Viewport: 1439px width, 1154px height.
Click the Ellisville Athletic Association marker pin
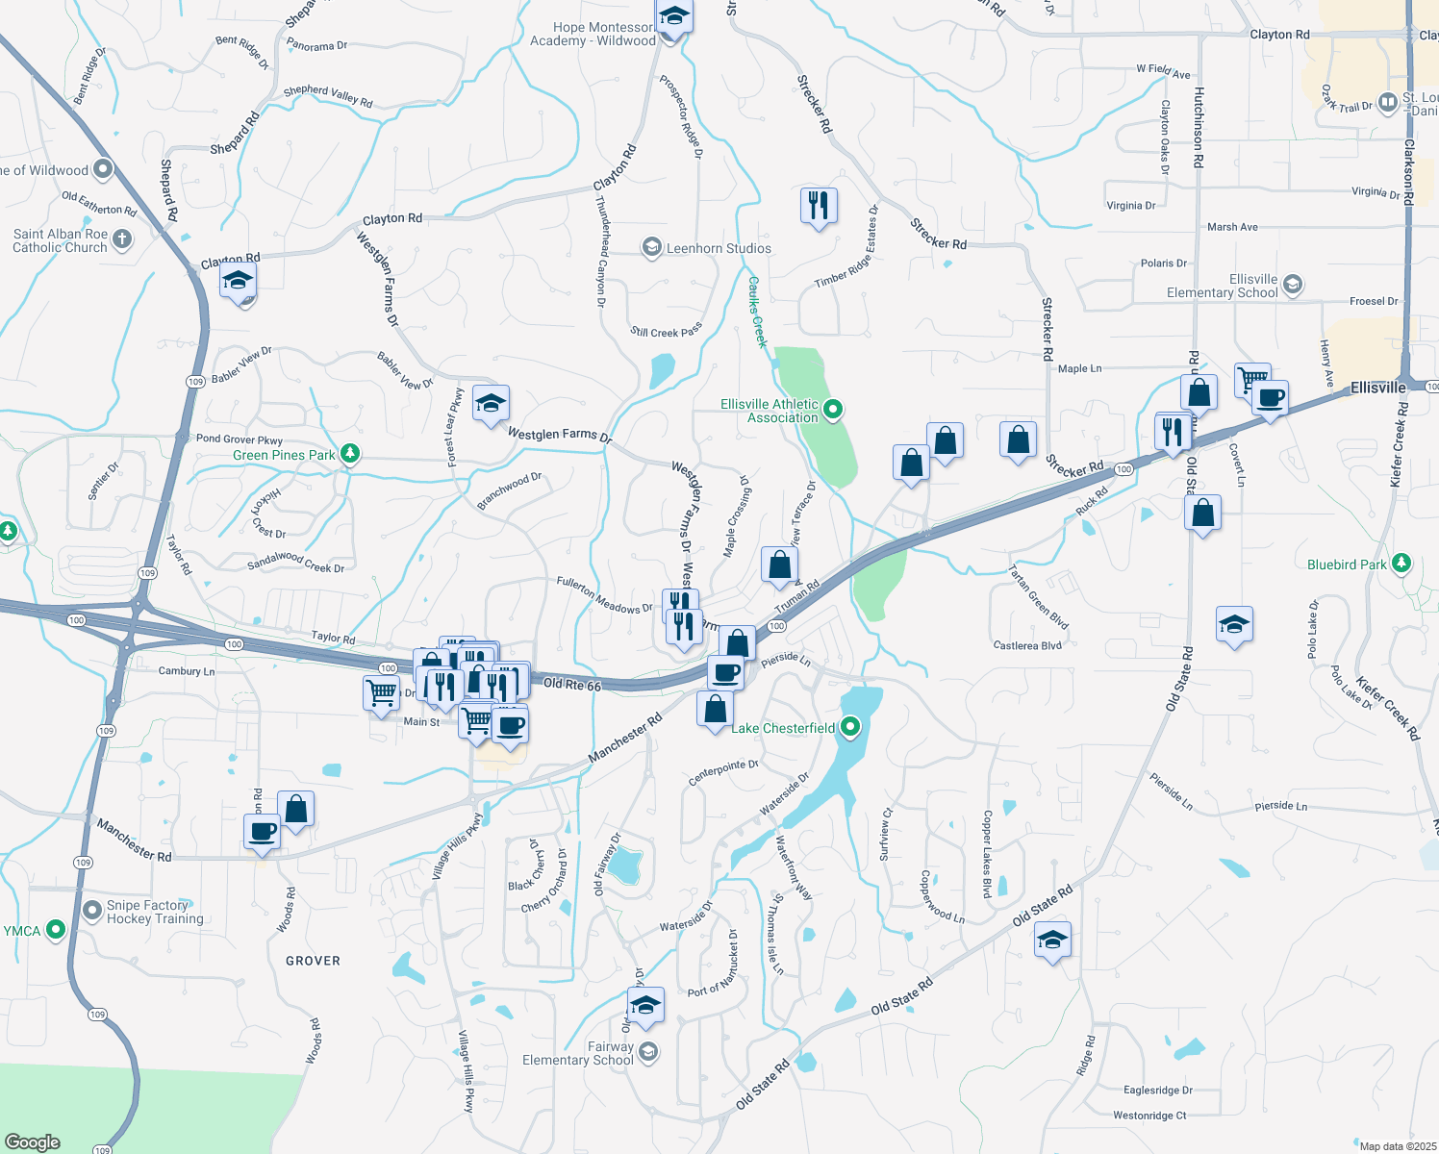(834, 411)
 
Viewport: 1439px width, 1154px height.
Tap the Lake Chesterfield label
(783, 728)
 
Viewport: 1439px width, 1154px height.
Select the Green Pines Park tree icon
(351, 453)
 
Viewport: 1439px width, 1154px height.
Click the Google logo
(32, 1141)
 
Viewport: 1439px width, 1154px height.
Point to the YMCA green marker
(56, 929)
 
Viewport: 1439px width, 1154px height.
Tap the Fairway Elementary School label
(577, 1053)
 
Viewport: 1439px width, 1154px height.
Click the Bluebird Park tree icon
(1401, 563)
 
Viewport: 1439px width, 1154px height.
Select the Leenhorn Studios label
(719, 248)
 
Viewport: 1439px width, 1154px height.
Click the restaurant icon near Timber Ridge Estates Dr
(819, 206)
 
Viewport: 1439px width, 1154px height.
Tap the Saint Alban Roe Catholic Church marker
(122, 238)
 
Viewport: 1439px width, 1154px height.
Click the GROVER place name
(313, 961)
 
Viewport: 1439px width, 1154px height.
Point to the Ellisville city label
(1377, 388)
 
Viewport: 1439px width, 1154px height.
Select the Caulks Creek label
(758, 312)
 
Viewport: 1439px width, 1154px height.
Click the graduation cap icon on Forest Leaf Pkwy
(491, 404)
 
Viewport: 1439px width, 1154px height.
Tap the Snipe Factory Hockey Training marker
(92, 910)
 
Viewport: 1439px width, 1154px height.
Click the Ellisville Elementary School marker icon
(1294, 284)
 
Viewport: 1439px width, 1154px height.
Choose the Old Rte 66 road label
(571, 685)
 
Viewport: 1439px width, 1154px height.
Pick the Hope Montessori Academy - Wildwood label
(593, 34)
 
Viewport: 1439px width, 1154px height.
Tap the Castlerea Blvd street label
(1027, 645)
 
